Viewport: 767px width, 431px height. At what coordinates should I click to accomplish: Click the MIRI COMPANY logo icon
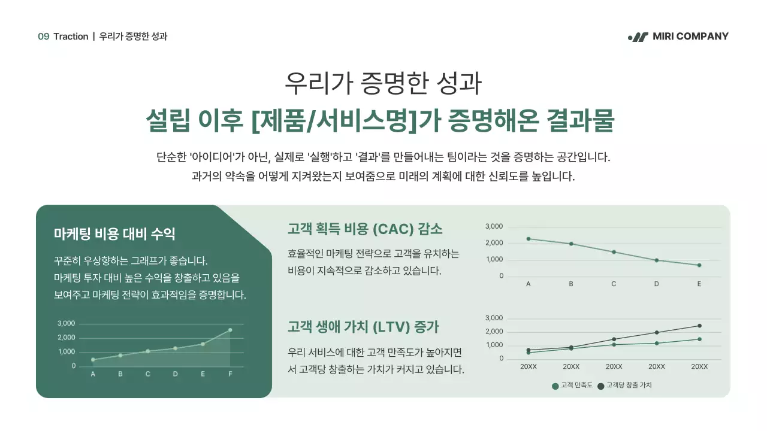[638, 37]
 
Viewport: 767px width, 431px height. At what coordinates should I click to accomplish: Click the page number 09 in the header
[43, 37]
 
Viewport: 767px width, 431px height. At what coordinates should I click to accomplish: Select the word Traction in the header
[71, 37]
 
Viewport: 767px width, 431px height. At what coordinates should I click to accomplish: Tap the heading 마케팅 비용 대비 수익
[114, 233]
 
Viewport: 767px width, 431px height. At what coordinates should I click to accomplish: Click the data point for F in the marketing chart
[230, 330]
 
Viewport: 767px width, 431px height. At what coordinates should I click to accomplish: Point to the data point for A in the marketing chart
[93, 360]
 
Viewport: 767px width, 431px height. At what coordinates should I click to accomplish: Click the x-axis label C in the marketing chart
[147, 374]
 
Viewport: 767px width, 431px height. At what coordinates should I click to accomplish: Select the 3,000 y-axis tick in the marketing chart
[67, 323]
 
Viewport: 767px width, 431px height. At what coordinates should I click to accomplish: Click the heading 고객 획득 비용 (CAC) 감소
[365, 229]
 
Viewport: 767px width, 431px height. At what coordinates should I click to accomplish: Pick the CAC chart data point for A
[529, 239]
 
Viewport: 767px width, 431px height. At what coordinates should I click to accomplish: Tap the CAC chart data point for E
[699, 265]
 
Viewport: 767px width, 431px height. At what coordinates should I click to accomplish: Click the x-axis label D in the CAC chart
[656, 284]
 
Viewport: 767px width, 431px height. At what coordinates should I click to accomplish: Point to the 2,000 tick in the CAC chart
[494, 243]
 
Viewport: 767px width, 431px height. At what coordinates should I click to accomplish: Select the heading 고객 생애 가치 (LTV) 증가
[363, 327]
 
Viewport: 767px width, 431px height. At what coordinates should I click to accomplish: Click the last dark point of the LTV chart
[699, 326]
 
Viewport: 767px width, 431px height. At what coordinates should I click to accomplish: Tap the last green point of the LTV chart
[699, 339]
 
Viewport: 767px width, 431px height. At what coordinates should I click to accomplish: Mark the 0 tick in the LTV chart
[501, 359]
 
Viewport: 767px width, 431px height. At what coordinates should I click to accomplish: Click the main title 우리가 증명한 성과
[383, 84]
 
